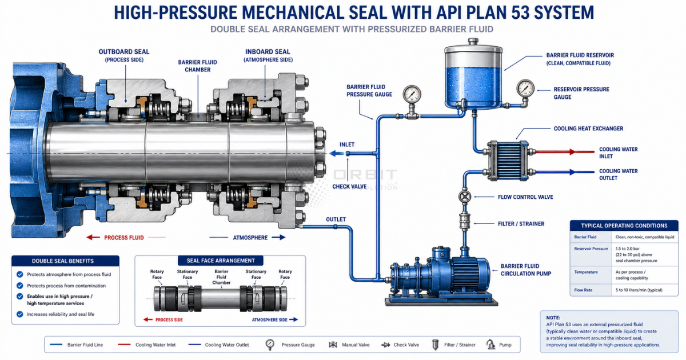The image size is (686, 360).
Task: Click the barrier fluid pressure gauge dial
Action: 412,94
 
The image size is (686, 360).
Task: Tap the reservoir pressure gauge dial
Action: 525,88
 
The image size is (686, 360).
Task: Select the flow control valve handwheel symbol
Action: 465,197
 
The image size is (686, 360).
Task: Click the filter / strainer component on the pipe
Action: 465,221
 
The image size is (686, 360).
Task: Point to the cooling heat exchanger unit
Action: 508,161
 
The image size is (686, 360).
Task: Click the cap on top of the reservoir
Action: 473,41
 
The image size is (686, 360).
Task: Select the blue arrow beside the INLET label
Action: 337,153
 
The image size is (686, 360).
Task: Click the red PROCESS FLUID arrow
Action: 93,237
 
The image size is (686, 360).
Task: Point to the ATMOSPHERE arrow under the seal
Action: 278,237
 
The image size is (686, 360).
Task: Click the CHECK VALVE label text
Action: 349,186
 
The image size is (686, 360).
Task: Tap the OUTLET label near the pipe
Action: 336,219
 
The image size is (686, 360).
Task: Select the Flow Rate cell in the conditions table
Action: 583,290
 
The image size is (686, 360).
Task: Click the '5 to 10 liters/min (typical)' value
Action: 639,290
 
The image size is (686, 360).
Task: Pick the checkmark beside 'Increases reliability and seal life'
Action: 20,314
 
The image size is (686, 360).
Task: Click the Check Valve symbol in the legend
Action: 385,345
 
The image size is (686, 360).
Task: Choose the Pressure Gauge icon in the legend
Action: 270,345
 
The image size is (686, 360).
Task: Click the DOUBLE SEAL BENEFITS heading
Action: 63,261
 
